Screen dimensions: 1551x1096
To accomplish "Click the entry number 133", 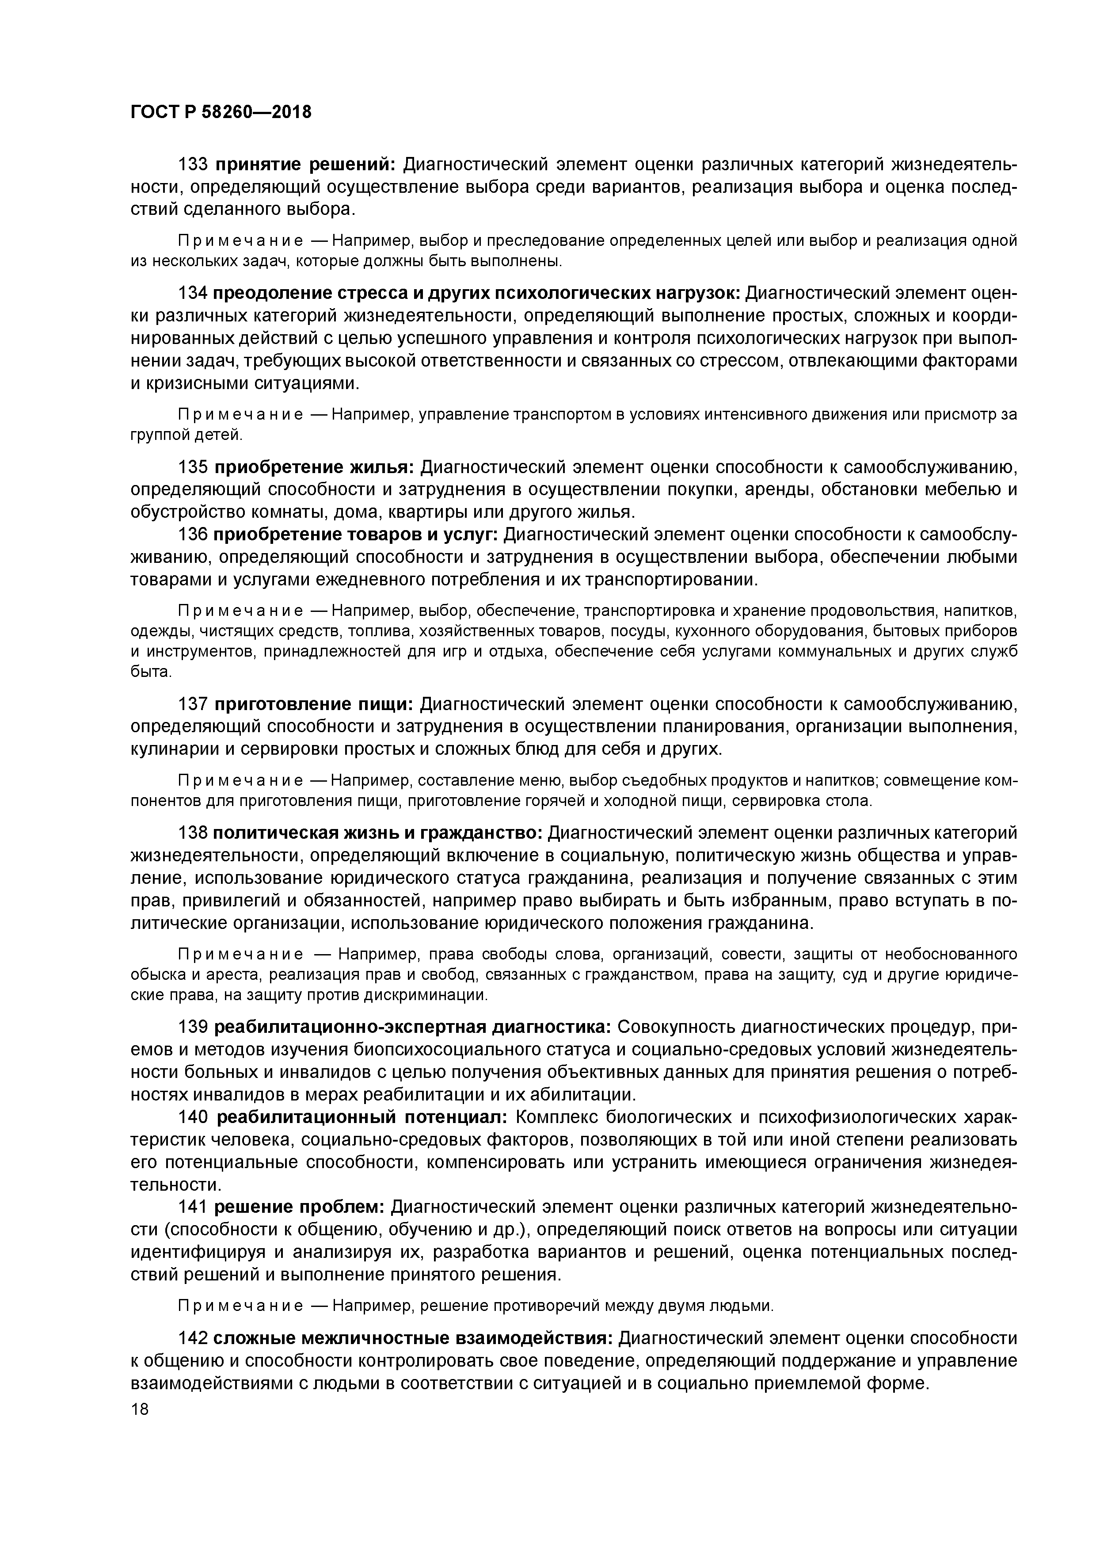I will pos(192,165).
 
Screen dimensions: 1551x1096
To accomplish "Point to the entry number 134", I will pos(192,293).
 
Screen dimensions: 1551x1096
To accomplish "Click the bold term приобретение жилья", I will pos(315,467).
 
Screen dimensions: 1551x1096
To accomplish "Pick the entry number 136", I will pos(192,535).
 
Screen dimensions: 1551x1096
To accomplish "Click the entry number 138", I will pos(192,833).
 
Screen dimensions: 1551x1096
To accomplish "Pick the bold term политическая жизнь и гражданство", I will pos(378,833).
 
